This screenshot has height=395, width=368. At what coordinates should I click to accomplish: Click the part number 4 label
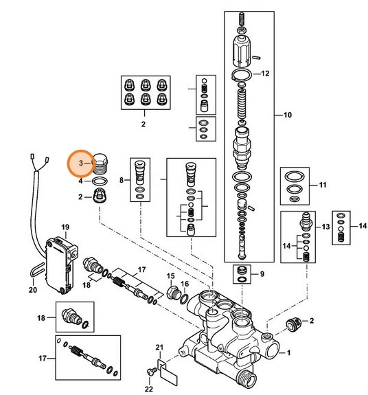pyautogui.click(x=81, y=182)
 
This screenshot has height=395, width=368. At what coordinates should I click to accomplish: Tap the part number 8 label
pyautogui.click(x=122, y=181)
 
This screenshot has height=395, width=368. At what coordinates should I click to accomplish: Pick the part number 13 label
pyautogui.click(x=325, y=226)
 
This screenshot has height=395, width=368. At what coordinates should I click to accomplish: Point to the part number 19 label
pyautogui.click(x=66, y=227)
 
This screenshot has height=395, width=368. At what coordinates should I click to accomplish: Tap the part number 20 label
pyautogui.click(x=32, y=290)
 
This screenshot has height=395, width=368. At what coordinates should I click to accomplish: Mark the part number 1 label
pyautogui.click(x=288, y=353)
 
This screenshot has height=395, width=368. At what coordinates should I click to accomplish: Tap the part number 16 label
pyautogui.click(x=184, y=283)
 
